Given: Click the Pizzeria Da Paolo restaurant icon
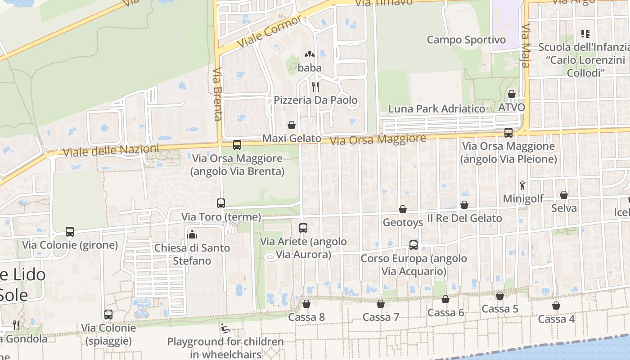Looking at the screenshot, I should coord(315,86).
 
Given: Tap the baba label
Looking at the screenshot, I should coord(310,68).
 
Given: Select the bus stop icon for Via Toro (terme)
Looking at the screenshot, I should coord(220,203).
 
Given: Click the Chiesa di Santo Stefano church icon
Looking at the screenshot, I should coord(193,234).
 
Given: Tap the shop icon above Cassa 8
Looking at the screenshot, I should coord(306,304).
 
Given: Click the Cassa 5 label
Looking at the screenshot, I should coord(500,309).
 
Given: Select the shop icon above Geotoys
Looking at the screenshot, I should coord(402,210).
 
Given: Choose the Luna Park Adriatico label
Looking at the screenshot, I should coord(436,109).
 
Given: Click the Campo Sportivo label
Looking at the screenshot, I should coord(466,40).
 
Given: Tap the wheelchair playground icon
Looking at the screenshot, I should coord(225,328).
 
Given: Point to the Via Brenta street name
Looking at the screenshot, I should coord(218,94).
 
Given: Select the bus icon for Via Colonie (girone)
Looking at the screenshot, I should coord(70,232).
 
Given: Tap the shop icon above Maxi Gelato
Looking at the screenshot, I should coord(292,125).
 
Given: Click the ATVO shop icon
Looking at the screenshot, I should coord(512,94).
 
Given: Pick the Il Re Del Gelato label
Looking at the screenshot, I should coord(464,218).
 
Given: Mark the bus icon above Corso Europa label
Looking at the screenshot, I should coord(414,245).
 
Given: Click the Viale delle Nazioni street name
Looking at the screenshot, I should coord(111,150).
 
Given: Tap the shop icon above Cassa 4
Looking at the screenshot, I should coord(556,306).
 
